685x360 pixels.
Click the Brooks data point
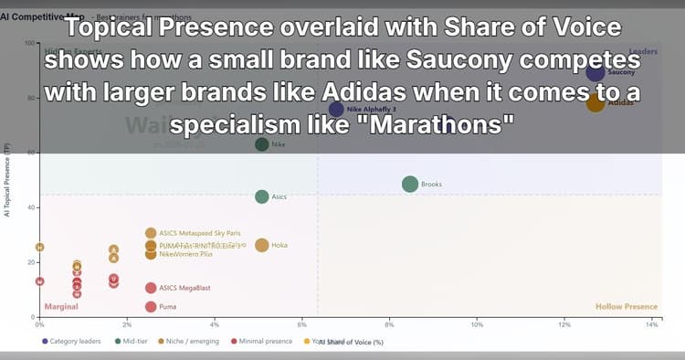[x=409, y=184]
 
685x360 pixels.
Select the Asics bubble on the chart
[x=262, y=196]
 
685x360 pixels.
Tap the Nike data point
[x=262, y=144]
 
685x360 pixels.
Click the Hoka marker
[x=262, y=245]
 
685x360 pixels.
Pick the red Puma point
[x=151, y=307]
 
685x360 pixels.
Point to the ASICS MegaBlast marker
[x=151, y=288]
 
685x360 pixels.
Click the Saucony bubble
[x=595, y=73]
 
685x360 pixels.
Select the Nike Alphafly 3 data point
[x=336, y=109]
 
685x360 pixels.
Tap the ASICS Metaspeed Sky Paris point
[x=151, y=233]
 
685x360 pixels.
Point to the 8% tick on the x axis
[x=390, y=324]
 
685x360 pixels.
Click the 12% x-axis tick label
[x=564, y=324]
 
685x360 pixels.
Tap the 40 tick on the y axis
[x=30, y=207]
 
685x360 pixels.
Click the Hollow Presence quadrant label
[x=626, y=307]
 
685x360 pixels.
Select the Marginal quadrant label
[x=61, y=307]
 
